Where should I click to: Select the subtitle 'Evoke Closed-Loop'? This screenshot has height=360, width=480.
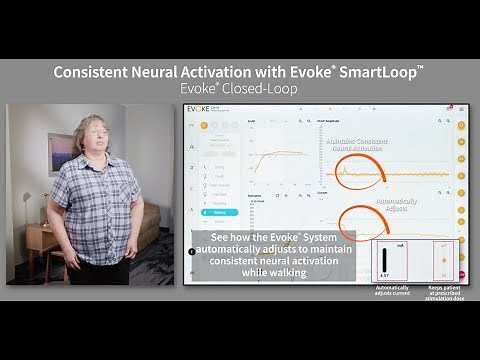pos(239,89)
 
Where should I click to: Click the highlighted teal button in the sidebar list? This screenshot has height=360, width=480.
pos(220,212)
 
